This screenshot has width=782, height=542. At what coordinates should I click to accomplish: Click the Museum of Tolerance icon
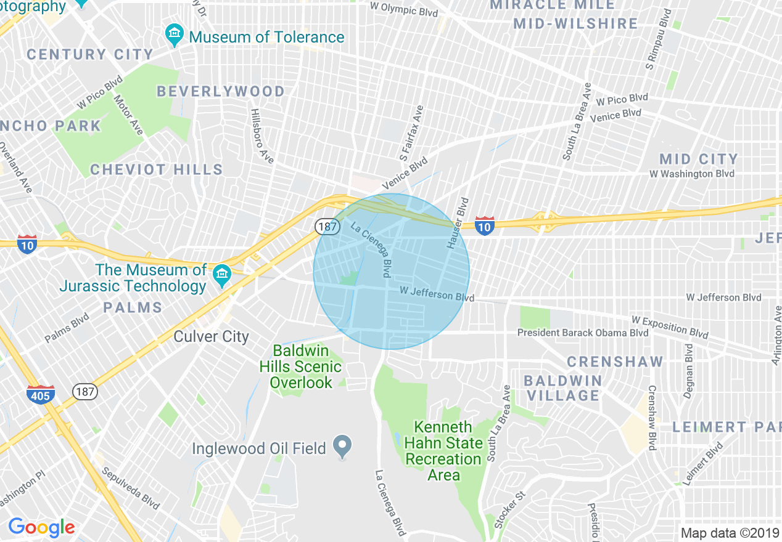[175, 36]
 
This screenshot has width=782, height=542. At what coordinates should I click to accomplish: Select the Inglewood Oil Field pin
[342, 445]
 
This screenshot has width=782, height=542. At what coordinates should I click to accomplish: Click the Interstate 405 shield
[40, 394]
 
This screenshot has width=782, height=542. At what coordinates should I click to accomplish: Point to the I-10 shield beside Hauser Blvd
[485, 226]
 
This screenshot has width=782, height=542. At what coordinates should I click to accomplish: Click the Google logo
[41, 527]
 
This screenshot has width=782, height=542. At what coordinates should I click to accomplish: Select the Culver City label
[211, 336]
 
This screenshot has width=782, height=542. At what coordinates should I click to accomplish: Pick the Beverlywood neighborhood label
[220, 92]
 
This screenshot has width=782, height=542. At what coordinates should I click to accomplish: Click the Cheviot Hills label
[156, 169]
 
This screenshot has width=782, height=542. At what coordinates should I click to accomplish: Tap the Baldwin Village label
[563, 388]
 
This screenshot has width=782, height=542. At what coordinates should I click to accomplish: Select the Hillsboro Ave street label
[262, 136]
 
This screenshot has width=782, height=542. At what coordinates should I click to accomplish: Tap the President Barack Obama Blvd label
[583, 333]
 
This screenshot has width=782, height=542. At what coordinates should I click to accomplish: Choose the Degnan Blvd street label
[689, 371]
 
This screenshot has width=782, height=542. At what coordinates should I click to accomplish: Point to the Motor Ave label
[128, 115]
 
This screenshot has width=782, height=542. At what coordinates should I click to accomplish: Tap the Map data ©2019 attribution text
[730, 533]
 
